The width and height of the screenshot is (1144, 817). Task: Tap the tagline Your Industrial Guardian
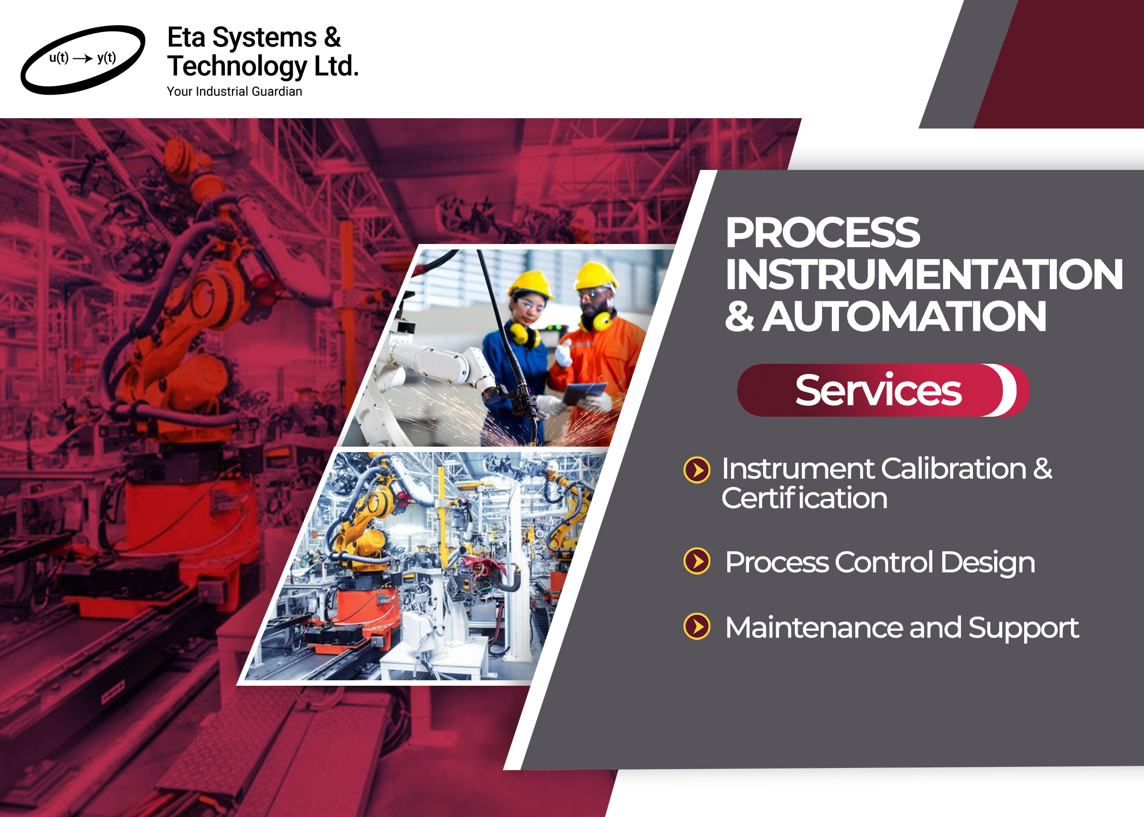234,92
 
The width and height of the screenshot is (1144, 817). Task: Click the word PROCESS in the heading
823,233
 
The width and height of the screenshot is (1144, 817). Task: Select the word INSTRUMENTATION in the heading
924,275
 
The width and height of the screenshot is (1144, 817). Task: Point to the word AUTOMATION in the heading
904,316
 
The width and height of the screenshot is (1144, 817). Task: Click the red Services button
883,390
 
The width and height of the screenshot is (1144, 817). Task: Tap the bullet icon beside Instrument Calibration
697,470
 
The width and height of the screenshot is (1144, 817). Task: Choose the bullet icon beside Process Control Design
697,561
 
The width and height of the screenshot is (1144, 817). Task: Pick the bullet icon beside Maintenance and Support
697,626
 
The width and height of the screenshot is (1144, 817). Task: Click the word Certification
805,498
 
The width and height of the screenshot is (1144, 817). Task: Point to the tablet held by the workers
585,392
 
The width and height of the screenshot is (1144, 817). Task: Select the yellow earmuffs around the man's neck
598,320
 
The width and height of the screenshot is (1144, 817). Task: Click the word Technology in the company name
238,67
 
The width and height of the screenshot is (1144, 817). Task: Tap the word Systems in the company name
264,38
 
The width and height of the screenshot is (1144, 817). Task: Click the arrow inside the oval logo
83,58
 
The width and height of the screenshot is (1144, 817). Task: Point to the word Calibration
954,468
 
